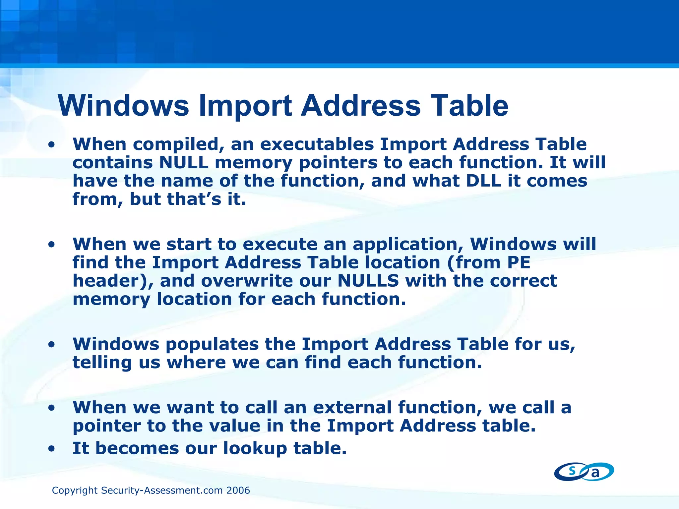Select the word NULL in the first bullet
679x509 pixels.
(184, 163)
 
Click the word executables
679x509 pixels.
(317, 144)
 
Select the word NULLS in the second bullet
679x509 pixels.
(368, 281)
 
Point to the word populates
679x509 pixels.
(212, 344)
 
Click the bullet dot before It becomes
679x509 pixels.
(51, 449)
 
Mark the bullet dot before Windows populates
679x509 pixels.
(51, 345)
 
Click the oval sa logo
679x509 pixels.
(584, 472)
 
